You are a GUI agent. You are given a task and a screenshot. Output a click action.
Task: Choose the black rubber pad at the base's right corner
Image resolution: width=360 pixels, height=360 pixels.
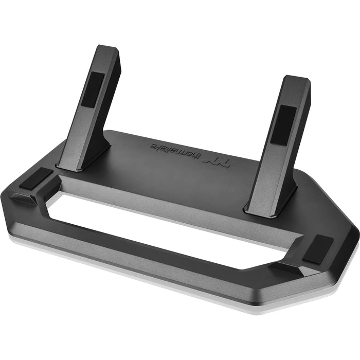tap(317, 248)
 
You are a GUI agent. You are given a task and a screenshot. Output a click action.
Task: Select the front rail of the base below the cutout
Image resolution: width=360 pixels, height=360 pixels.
tap(154, 267)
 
